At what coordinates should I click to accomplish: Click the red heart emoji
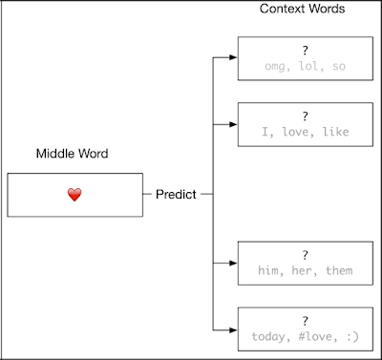coord(74,195)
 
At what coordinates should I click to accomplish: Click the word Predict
coord(176,194)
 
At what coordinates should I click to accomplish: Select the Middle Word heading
coord(72,154)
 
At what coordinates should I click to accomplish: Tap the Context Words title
coord(302,9)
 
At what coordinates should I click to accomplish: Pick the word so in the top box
coord(339,67)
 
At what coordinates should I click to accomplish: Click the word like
coord(336,132)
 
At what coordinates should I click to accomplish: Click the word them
coord(339,270)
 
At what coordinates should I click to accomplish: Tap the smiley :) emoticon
coord(352,336)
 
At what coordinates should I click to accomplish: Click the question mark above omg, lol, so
coord(306,51)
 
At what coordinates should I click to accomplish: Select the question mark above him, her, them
coord(306,255)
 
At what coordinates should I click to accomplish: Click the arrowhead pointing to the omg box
coord(233,57)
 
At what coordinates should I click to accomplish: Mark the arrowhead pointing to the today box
coord(233,330)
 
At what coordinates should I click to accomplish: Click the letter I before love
coord(265,132)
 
